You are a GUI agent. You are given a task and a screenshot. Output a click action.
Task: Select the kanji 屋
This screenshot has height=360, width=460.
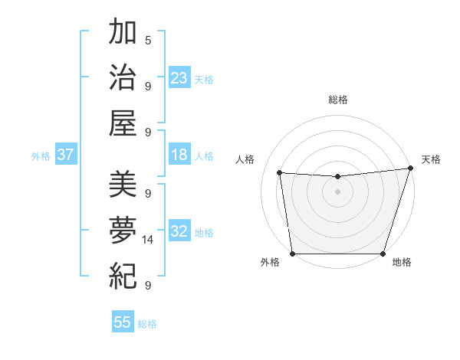coord(123,123)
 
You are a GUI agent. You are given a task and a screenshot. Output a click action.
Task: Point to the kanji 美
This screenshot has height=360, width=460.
coord(123,185)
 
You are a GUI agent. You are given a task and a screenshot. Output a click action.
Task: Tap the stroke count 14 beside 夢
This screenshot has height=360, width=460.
coord(148,240)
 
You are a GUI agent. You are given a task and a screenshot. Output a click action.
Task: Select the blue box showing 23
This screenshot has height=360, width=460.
coord(179,78)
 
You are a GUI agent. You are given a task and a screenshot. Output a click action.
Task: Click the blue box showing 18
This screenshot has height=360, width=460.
coord(179,155)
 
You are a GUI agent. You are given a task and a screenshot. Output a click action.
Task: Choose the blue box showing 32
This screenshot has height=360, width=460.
coord(179,231)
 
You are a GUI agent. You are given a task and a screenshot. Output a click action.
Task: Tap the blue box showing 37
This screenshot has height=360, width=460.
coord(65,155)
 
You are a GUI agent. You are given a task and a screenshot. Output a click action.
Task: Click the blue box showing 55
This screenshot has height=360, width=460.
coord(123,322)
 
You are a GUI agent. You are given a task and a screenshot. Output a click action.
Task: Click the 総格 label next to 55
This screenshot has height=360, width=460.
coord(147,324)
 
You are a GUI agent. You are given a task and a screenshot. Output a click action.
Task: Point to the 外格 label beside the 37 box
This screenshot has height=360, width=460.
coord(41,156)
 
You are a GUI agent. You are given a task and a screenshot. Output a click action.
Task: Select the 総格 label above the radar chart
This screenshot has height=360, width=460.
coord(337,100)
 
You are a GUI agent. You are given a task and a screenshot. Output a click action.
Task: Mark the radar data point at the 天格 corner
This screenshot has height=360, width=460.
coord(410,169)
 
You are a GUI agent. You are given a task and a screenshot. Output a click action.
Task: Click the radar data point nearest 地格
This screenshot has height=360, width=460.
coord(383,254)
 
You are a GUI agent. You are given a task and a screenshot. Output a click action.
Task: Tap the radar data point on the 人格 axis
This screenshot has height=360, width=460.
coord(280,173)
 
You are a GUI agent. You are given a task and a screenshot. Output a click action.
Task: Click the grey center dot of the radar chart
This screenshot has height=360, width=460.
coord(337,191)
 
